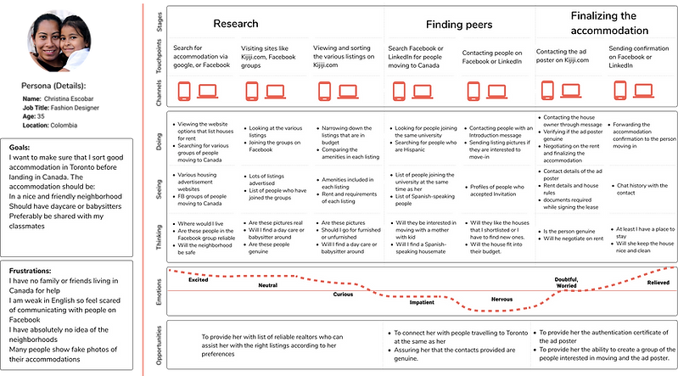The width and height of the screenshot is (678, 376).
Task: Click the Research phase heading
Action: [236, 25]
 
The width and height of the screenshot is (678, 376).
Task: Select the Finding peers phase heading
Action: [459, 25]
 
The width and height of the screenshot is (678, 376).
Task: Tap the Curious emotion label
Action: [342, 295]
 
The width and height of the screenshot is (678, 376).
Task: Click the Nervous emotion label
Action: [501, 300]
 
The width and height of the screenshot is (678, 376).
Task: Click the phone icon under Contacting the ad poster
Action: [547, 91]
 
